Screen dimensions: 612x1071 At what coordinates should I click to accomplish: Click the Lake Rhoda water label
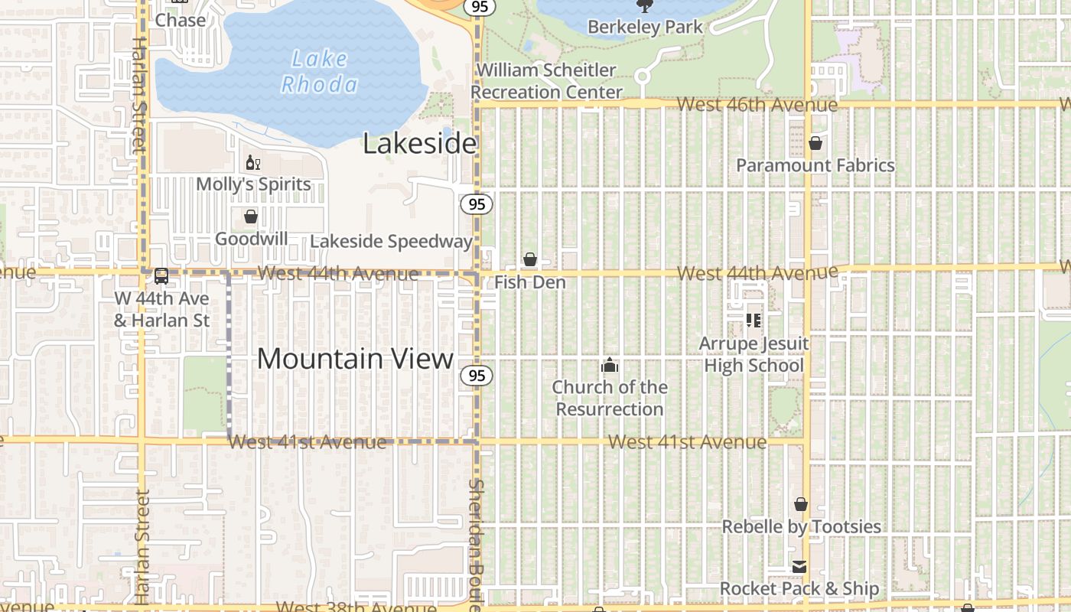[x=318, y=71]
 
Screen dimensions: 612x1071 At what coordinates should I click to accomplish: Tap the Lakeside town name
[x=419, y=143]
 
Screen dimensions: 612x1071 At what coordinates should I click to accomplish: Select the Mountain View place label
[x=355, y=359]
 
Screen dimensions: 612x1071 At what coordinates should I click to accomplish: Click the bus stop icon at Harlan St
[x=161, y=276]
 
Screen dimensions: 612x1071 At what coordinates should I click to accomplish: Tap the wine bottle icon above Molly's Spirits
[x=252, y=162]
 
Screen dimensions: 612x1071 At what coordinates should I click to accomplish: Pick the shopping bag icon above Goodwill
[x=251, y=216]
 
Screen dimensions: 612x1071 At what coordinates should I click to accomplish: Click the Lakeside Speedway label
[x=391, y=242]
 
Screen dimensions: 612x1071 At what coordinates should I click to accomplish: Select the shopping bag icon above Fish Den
[x=529, y=260]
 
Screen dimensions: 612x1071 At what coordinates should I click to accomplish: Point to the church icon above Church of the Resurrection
[x=610, y=365]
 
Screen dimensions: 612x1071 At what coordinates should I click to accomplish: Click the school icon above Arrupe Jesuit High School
[x=754, y=320]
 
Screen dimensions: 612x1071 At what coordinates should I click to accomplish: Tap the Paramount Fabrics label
[x=815, y=165]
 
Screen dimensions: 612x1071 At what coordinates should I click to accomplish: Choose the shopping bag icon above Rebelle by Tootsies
[x=801, y=504]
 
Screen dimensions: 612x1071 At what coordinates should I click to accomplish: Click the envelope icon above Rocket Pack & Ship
[x=799, y=567]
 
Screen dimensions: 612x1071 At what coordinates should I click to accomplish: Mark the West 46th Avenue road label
[x=757, y=104]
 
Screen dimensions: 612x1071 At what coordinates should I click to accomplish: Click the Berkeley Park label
[x=645, y=28]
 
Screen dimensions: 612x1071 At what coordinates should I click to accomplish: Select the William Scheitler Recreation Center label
[x=546, y=81]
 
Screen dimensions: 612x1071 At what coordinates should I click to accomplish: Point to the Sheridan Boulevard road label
[x=476, y=543]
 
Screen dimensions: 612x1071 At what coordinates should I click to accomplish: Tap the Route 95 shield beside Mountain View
[x=477, y=376]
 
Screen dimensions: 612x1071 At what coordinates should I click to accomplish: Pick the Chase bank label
[x=181, y=21]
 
